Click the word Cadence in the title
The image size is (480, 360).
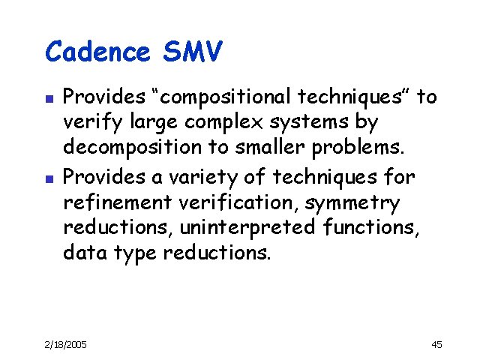97,52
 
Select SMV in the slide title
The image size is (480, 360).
192,52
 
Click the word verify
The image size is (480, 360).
88,122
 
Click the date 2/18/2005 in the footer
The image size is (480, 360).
65,344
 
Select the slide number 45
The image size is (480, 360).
437,344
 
